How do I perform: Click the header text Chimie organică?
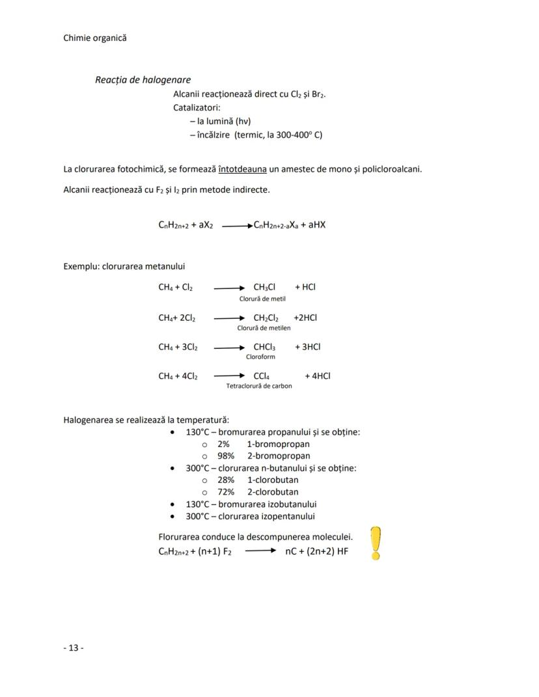[95, 38]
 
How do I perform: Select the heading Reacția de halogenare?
[143, 80]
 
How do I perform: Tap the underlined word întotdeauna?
[242, 169]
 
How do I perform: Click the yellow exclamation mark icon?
[376, 543]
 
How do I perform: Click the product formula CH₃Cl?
[264, 287]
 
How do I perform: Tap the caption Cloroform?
[260, 357]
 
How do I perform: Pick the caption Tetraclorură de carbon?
[259, 386]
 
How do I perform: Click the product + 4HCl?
[317, 376]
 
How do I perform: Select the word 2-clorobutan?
[273, 492]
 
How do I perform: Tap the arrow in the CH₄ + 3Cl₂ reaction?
[228, 348]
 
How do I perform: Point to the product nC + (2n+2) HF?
[316, 551]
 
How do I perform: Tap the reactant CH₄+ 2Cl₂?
[176, 318]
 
